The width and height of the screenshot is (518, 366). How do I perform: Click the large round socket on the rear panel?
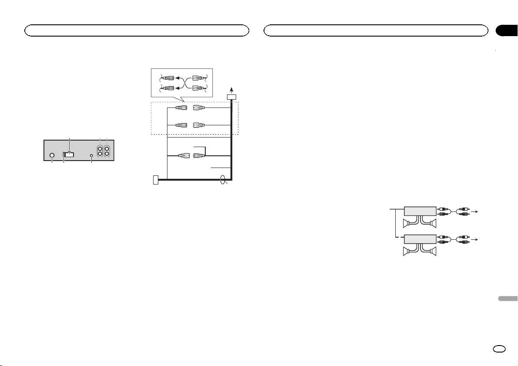[52, 155]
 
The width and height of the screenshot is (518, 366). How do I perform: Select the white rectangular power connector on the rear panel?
[69, 154]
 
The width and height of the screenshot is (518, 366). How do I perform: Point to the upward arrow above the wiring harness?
[231, 89]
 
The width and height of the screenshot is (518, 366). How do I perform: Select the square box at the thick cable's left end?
[156, 179]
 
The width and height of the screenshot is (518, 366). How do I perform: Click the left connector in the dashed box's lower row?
[181, 125]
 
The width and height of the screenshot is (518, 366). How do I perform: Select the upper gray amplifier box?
[420, 212]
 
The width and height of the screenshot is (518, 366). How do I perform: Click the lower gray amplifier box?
[420, 239]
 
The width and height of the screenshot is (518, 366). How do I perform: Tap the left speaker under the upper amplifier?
[409, 224]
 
